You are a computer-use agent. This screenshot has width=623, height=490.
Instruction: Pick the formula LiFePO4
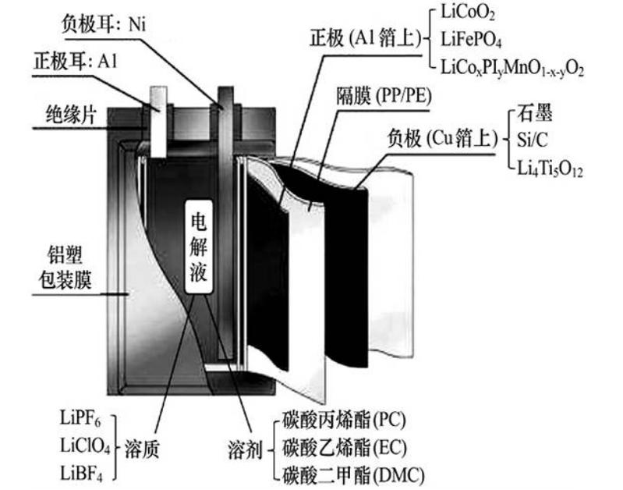(473, 39)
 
